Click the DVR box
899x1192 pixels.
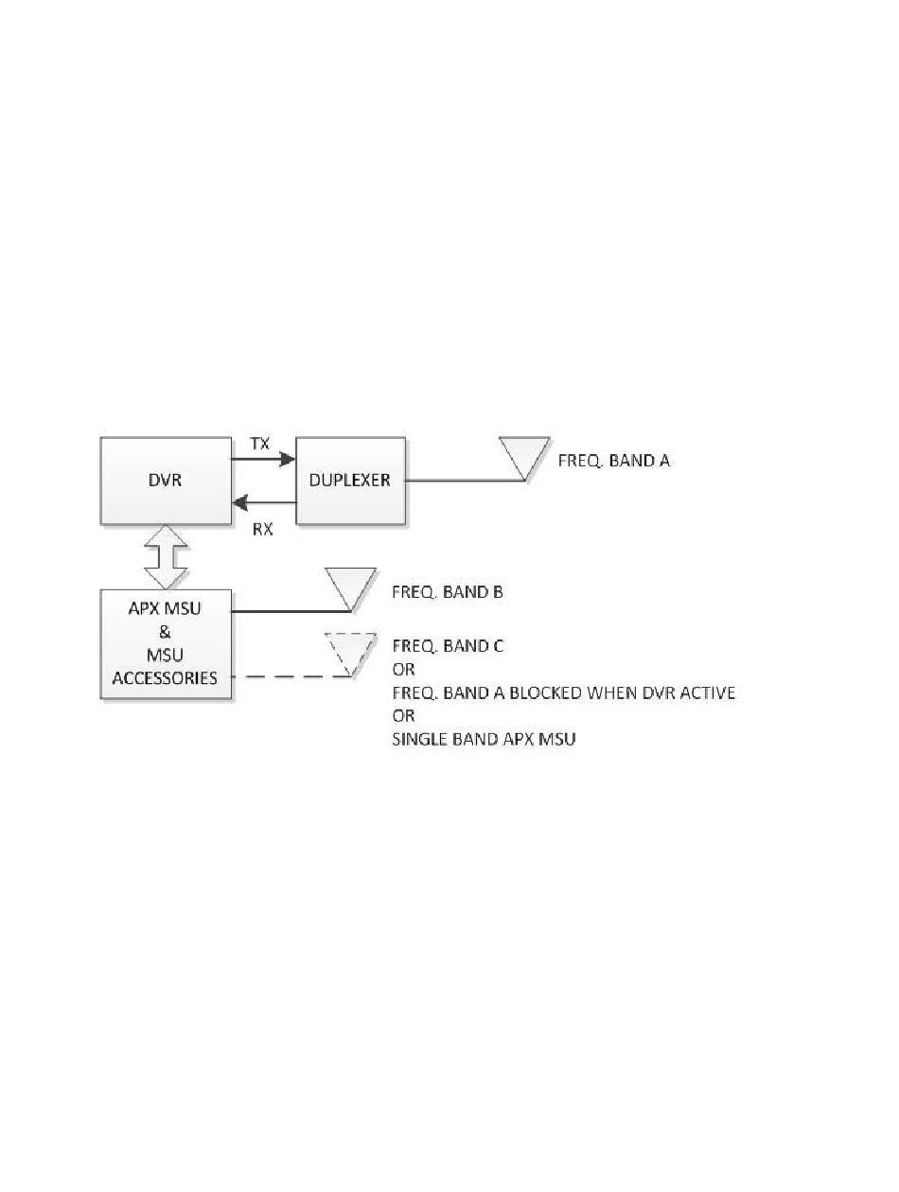click(x=167, y=480)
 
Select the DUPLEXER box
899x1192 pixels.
click(x=350, y=480)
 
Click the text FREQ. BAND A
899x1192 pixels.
click(x=614, y=463)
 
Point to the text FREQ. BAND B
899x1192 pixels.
click(x=448, y=593)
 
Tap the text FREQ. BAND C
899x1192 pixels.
click(x=449, y=646)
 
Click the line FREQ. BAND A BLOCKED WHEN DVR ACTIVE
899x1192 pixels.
click(x=564, y=692)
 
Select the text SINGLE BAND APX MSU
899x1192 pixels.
click(x=484, y=739)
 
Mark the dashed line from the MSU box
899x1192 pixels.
click(x=289, y=676)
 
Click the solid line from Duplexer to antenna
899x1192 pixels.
click(x=464, y=481)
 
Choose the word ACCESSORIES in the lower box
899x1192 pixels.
click(x=165, y=677)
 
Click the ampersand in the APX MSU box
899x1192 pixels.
click(x=166, y=631)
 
